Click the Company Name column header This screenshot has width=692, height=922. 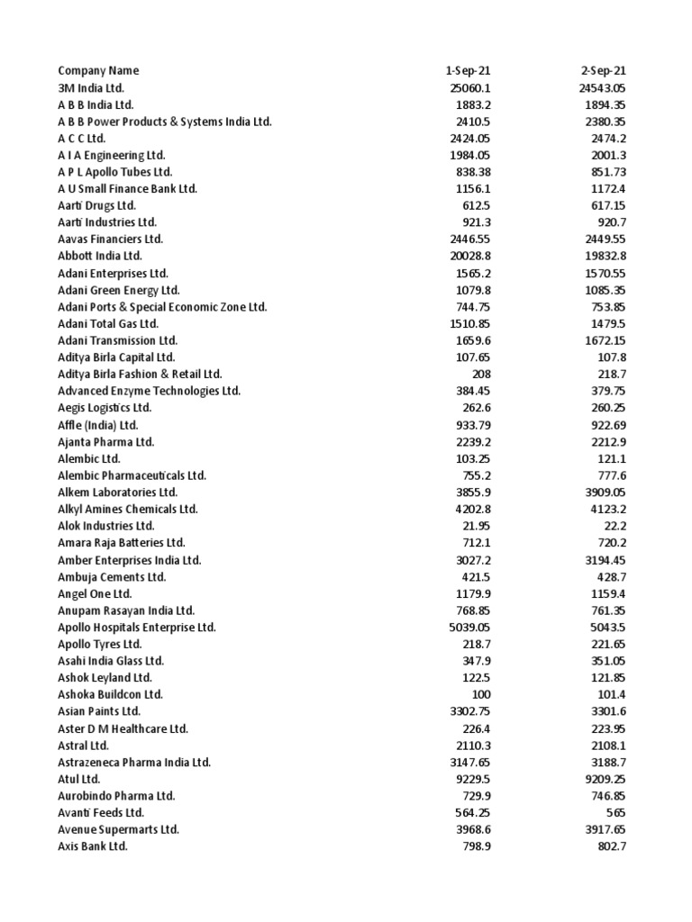(x=98, y=70)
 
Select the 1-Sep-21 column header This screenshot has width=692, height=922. (x=468, y=70)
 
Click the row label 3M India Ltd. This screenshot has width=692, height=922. (x=91, y=87)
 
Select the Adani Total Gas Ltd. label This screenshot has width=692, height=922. (x=108, y=323)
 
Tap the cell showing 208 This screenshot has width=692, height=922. (x=481, y=374)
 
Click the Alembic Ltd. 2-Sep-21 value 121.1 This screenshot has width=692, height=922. (x=611, y=458)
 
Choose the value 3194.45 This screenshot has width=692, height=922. (x=603, y=560)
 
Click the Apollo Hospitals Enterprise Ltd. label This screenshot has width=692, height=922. (x=137, y=628)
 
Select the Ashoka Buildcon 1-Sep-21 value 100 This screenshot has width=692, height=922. (x=481, y=695)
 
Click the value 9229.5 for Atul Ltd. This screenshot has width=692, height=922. (x=470, y=779)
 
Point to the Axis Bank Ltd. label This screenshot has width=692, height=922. (x=93, y=846)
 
